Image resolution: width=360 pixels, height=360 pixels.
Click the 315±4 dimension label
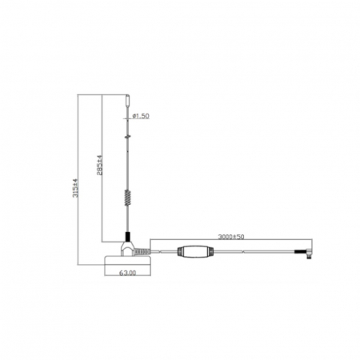pyautogui.click(x=74, y=190)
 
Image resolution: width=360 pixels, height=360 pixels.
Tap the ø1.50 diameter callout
pyautogui.click(x=140, y=117)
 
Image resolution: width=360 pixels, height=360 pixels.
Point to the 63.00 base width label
pyautogui.click(x=127, y=273)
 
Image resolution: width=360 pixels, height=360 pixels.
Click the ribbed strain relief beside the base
pyautogui.click(x=159, y=252)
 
